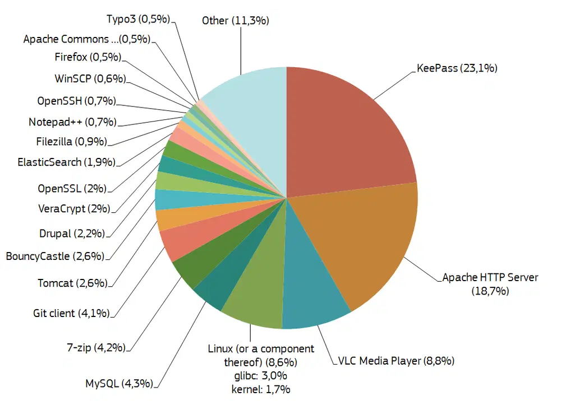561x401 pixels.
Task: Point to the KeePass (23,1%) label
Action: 457,69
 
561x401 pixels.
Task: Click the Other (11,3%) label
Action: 236,21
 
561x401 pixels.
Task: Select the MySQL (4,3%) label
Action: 118,384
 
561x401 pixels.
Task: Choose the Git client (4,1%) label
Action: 72,313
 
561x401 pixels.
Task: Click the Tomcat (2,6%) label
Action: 72,283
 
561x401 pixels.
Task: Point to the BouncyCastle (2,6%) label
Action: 55,257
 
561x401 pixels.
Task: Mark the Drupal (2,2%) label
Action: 72,233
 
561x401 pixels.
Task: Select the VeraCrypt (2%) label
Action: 73,209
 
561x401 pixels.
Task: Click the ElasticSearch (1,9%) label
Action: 66,162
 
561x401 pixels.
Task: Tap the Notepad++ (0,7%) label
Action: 72,122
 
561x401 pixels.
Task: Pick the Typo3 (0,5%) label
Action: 138,18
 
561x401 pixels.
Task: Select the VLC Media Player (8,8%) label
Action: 396,361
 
